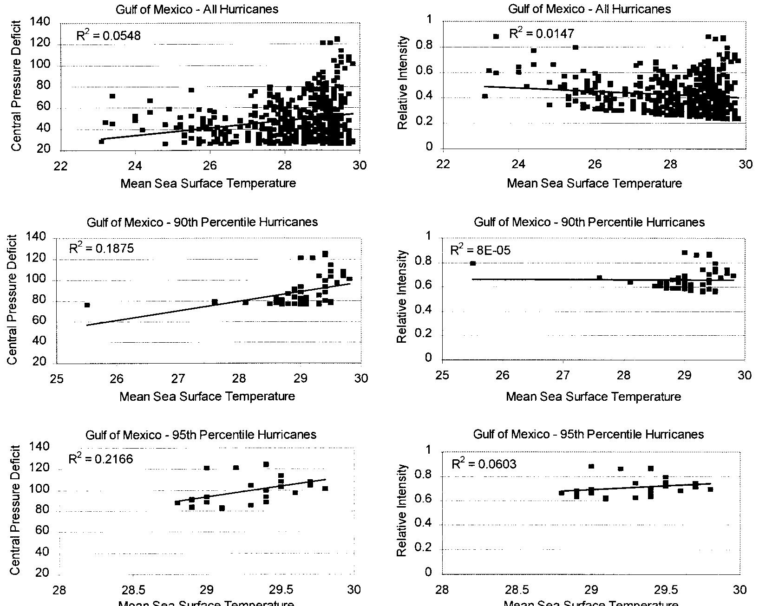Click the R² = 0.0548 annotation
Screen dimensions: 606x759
tap(108, 35)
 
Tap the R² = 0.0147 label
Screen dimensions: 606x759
tap(542, 33)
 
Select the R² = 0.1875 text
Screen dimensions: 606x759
tap(101, 248)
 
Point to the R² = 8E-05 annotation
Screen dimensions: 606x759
tap(480, 250)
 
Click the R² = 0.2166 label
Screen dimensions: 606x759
tap(101, 459)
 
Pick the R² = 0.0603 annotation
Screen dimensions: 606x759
tap(484, 464)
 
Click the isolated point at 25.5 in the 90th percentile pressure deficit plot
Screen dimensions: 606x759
tap(87, 305)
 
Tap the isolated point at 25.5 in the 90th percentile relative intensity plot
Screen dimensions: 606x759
tap(473, 263)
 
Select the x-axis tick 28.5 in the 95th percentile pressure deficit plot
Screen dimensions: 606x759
tap(133, 590)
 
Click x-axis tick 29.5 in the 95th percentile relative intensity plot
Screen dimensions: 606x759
tap(665, 590)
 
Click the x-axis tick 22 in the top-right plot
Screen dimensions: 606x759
tap(443, 164)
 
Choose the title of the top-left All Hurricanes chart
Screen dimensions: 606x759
tap(197, 9)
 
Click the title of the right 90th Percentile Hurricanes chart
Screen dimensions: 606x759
tap(589, 222)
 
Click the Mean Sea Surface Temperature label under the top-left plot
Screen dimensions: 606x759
tap(208, 183)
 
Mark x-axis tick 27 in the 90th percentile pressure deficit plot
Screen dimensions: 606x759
tap(178, 378)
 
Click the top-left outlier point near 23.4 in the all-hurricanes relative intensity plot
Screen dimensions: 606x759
tap(496, 36)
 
